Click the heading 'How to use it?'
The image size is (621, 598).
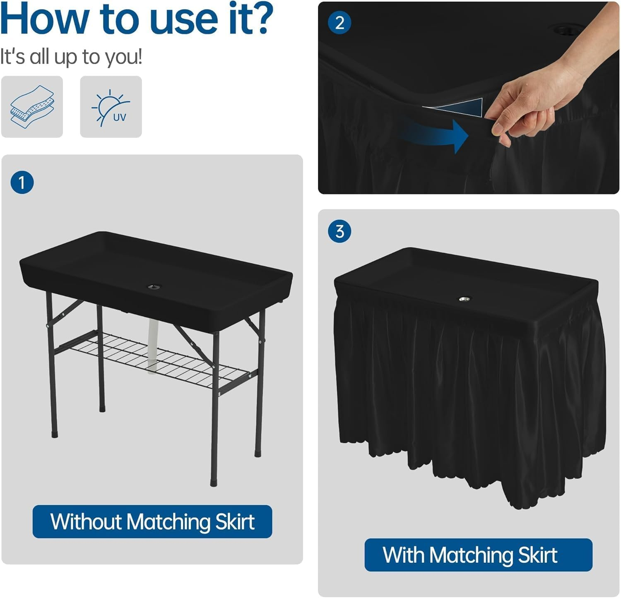point(137,19)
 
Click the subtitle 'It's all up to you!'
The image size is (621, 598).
point(71,57)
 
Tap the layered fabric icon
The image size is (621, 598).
point(32,107)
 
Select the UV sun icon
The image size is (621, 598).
point(111,107)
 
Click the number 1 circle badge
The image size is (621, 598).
point(22,183)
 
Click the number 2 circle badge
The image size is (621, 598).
point(339,23)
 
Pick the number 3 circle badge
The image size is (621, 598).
point(339,231)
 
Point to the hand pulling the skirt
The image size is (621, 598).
point(526,103)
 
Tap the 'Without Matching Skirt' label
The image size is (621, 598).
point(152,521)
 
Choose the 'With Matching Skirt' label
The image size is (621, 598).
point(478,555)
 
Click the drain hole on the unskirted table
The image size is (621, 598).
point(154,286)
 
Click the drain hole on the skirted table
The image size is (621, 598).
point(465,298)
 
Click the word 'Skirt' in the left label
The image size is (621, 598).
point(235,521)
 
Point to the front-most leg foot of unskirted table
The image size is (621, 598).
point(214,483)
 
